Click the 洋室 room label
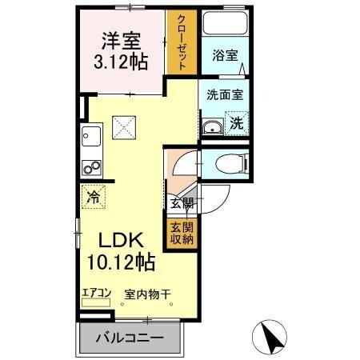point(121,39)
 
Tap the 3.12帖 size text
point(121,62)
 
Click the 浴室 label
point(224,56)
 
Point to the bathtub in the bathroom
point(226,24)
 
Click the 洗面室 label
point(224,94)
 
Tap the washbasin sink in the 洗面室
point(213,126)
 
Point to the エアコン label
point(95,294)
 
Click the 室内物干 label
point(147,294)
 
